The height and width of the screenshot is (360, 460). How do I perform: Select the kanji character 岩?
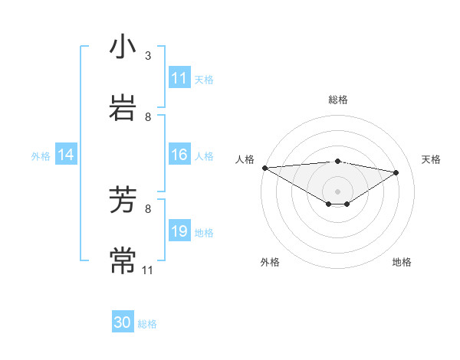123,106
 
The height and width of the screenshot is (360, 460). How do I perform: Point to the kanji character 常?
123,260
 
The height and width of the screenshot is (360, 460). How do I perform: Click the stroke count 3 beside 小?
148,56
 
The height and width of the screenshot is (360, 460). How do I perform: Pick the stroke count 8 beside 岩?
148,116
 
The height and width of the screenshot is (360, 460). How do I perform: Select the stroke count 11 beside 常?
148,270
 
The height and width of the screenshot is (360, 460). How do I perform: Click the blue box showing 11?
179,78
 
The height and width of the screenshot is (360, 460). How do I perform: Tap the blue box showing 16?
179,155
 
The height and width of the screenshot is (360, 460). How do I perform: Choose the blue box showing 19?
179,231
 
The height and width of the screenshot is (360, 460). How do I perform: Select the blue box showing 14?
66,155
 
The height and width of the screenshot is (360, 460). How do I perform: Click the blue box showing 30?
123,322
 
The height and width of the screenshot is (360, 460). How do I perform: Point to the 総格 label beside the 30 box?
147,324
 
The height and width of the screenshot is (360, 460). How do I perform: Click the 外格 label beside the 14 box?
41,155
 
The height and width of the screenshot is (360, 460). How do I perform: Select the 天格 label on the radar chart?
432,159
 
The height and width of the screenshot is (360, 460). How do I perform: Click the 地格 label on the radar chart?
402,262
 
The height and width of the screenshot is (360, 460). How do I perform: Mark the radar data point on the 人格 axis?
264,168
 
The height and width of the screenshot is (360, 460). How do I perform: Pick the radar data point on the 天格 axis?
396,172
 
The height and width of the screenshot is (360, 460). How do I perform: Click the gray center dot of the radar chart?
337,191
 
